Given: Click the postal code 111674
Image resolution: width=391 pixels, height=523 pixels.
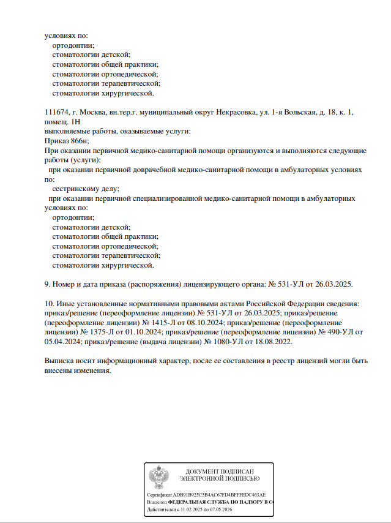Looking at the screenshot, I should [x=56, y=114].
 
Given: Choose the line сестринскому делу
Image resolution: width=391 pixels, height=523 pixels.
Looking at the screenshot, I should [x=86, y=189].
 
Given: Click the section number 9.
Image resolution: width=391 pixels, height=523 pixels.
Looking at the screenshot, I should [x=47, y=284].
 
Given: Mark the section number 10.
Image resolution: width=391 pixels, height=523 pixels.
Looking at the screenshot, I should [x=49, y=304].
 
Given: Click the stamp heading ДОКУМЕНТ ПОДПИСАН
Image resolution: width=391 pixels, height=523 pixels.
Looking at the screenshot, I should [x=220, y=470].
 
